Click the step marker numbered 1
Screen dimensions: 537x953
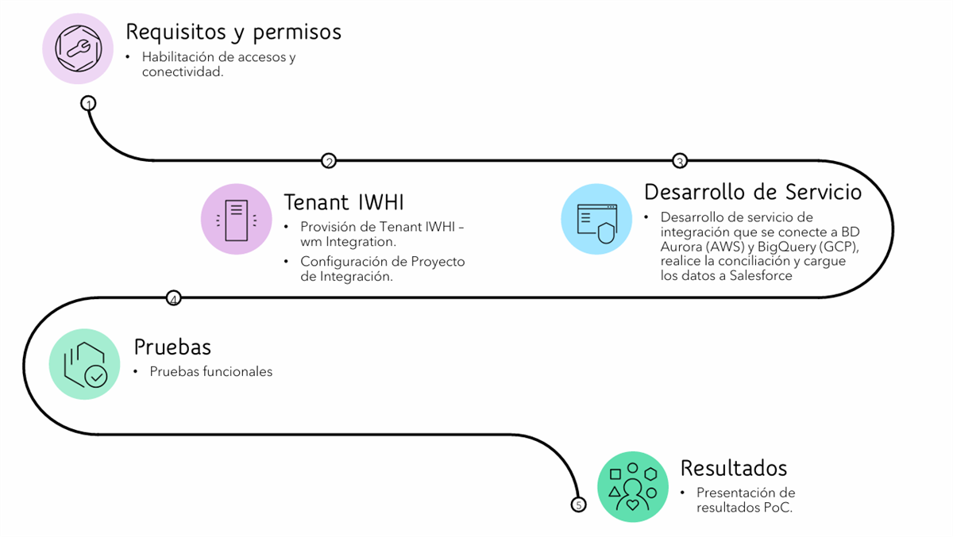[x=88, y=103]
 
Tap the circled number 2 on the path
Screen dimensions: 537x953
[x=329, y=161]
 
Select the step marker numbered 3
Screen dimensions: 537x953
[x=679, y=161]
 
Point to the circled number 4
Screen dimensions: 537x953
[x=173, y=298]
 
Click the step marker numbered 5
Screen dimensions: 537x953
[x=578, y=504]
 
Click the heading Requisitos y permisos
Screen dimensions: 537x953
[x=233, y=32]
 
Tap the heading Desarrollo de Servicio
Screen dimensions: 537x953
[x=752, y=192]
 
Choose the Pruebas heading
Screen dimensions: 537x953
[x=172, y=347]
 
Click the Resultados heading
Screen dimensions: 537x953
[x=733, y=467]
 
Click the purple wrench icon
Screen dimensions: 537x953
[x=78, y=48]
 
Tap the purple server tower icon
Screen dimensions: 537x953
[x=237, y=220]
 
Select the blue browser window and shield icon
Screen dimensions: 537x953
[x=596, y=220]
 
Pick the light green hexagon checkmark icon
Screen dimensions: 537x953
[x=84, y=364]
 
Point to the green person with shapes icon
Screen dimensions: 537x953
[x=633, y=486]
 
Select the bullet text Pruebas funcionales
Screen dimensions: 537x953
[x=210, y=371]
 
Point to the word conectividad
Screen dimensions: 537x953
[x=182, y=72]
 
